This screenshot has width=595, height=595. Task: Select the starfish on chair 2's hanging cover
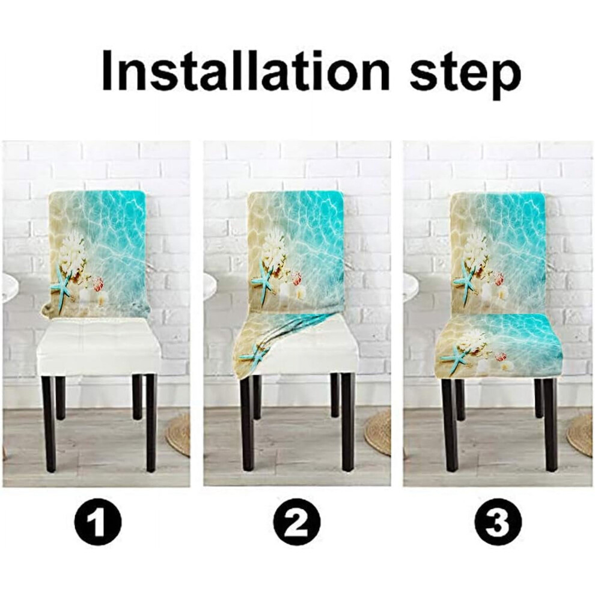click(252, 355)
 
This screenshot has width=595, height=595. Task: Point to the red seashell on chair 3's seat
click(501, 357)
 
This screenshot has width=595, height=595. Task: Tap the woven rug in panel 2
click(379, 433)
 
